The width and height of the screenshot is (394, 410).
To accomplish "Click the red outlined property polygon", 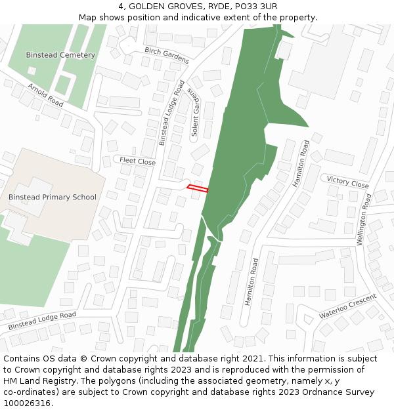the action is pos(198,189).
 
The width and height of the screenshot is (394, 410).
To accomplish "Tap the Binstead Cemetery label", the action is pos(60,55).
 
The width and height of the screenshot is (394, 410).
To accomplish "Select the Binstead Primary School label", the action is pos(52,197).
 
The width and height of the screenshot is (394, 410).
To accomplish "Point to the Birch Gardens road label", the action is pos(167,55).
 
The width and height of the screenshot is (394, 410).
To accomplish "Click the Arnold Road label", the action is pos(45,95).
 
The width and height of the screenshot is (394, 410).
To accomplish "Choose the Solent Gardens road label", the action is pos(194,113).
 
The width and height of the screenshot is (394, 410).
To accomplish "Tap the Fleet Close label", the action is pos(137,161).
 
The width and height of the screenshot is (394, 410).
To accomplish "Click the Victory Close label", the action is pos(347,182).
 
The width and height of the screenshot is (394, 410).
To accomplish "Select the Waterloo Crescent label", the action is pos(348,306).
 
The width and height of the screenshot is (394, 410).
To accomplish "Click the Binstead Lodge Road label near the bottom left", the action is pos(42,320).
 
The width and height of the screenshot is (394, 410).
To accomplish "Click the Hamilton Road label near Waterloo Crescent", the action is pos(251,281).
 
